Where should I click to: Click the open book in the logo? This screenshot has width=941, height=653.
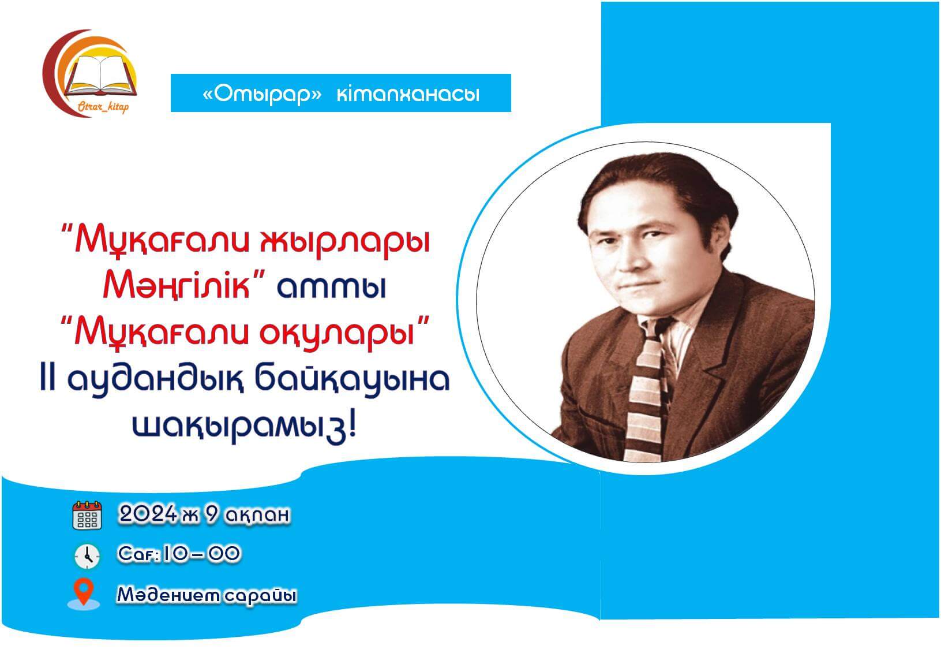[101, 75]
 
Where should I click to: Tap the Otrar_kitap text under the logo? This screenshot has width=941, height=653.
[103, 107]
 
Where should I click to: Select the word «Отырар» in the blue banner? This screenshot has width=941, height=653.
[262, 94]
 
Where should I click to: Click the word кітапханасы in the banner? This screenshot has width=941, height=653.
[408, 94]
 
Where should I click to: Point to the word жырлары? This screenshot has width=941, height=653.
[346, 242]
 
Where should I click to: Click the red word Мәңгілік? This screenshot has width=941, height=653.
[177, 285]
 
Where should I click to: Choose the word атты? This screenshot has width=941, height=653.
[331, 288]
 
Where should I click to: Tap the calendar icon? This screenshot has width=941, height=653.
[87, 515]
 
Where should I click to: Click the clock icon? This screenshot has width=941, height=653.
[87, 556]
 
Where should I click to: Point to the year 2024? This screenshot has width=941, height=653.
[148, 514]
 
